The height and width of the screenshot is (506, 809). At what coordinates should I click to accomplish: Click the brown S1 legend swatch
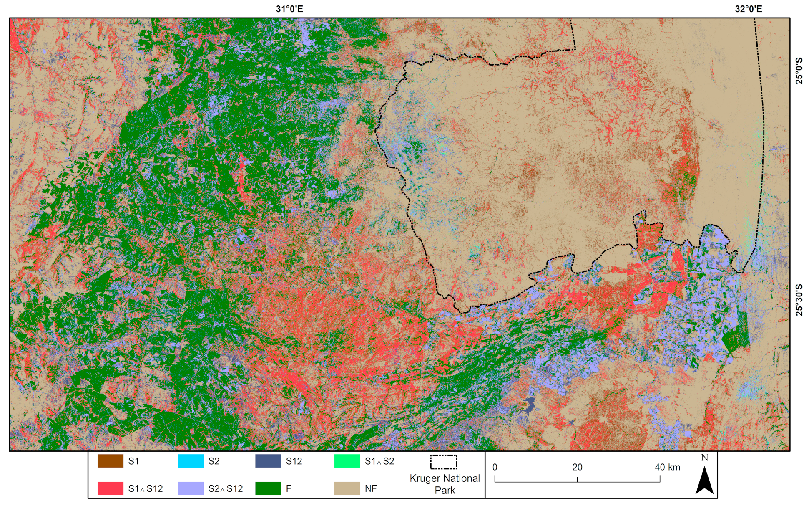click(x=110, y=461)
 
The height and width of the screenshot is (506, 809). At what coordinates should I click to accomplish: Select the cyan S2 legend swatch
click(x=191, y=461)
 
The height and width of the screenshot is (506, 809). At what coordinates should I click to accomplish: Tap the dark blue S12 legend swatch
click(x=268, y=461)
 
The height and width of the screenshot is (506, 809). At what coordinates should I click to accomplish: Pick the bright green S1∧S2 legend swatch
click(x=347, y=461)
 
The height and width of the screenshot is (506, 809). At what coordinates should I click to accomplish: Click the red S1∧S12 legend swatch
click(x=110, y=488)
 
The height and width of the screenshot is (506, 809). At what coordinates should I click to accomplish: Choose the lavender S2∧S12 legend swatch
click(x=191, y=488)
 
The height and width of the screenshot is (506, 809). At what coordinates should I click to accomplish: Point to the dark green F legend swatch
click(x=268, y=488)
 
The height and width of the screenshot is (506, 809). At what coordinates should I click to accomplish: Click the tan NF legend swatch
click(x=347, y=488)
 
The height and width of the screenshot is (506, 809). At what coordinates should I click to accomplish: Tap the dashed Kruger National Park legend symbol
click(x=444, y=462)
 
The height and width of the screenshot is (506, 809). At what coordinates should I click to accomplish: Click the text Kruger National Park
click(x=445, y=484)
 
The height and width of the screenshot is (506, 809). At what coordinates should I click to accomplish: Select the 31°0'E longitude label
click(x=289, y=9)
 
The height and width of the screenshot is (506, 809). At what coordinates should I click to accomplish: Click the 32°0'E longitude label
click(x=749, y=9)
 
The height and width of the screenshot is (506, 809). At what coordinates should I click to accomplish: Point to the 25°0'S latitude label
click(x=799, y=71)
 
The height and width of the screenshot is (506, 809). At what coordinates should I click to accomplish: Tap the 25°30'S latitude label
click(x=799, y=300)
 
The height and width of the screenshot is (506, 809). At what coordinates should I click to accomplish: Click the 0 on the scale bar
click(x=495, y=467)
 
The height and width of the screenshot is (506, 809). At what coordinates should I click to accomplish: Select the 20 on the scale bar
click(x=577, y=467)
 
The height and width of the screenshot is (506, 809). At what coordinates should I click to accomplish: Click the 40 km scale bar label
click(x=667, y=467)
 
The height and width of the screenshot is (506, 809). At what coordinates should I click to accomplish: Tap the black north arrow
click(x=704, y=481)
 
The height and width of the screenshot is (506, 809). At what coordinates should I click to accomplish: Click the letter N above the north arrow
click(x=704, y=458)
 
